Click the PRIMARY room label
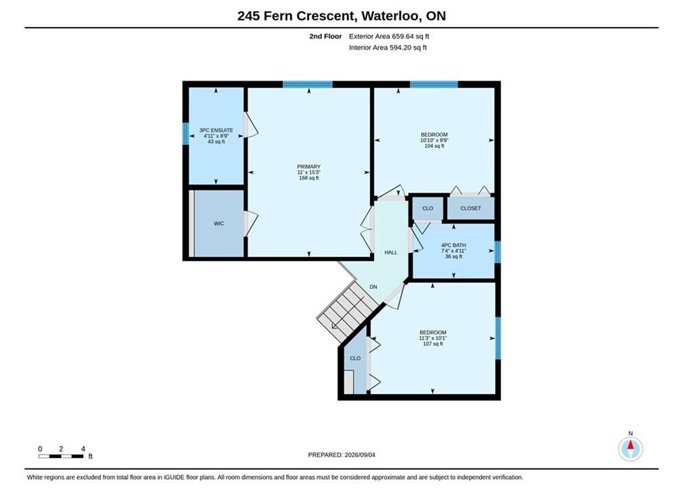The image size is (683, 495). pos(309,166)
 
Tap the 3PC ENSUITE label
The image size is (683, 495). pos(216,130)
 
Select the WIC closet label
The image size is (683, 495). pos(219,223)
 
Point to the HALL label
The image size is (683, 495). pos(391,252)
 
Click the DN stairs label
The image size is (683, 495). pos(373,287)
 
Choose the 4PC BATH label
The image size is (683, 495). pos(454,245)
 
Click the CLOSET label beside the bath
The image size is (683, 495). pos(470,208)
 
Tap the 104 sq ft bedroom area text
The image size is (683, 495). pos(435,146)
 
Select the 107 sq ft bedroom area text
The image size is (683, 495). pos(433,344)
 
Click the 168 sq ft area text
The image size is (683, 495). pos(309,178)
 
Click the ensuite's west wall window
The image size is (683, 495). pos(185,133)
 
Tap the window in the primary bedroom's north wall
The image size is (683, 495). pos(308,84)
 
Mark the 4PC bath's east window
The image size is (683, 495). pos(498,252)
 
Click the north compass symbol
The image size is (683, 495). pos(630,448)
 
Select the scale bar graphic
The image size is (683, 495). pos(60,456)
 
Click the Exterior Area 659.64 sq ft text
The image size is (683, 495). pos(389,36)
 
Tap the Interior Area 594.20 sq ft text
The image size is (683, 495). pos(388,47)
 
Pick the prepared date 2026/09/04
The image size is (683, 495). pos(360,455)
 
